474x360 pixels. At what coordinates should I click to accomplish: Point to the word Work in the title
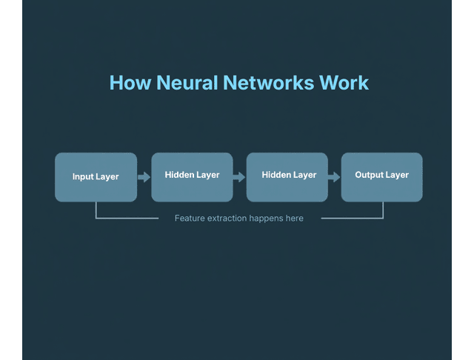(x=344, y=82)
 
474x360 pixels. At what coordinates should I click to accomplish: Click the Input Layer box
(x=96, y=177)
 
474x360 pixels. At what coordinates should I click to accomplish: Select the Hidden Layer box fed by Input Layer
(x=192, y=177)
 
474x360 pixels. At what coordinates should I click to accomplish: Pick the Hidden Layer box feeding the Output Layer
(x=287, y=177)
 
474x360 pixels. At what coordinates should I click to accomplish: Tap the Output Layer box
(x=381, y=177)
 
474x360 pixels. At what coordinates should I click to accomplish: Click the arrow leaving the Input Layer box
(x=144, y=177)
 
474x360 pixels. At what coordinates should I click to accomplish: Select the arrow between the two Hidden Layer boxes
(x=239, y=177)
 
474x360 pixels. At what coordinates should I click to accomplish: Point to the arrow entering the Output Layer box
(x=334, y=177)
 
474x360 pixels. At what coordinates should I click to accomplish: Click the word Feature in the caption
(x=190, y=219)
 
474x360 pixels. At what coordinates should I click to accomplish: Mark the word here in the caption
(x=295, y=219)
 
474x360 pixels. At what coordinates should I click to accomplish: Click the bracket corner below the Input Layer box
(x=96, y=218)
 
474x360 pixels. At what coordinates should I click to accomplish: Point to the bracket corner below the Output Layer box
(x=383, y=218)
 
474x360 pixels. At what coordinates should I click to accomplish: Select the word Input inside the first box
(x=83, y=177)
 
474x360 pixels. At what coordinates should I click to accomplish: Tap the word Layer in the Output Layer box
(x=398, y=176)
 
